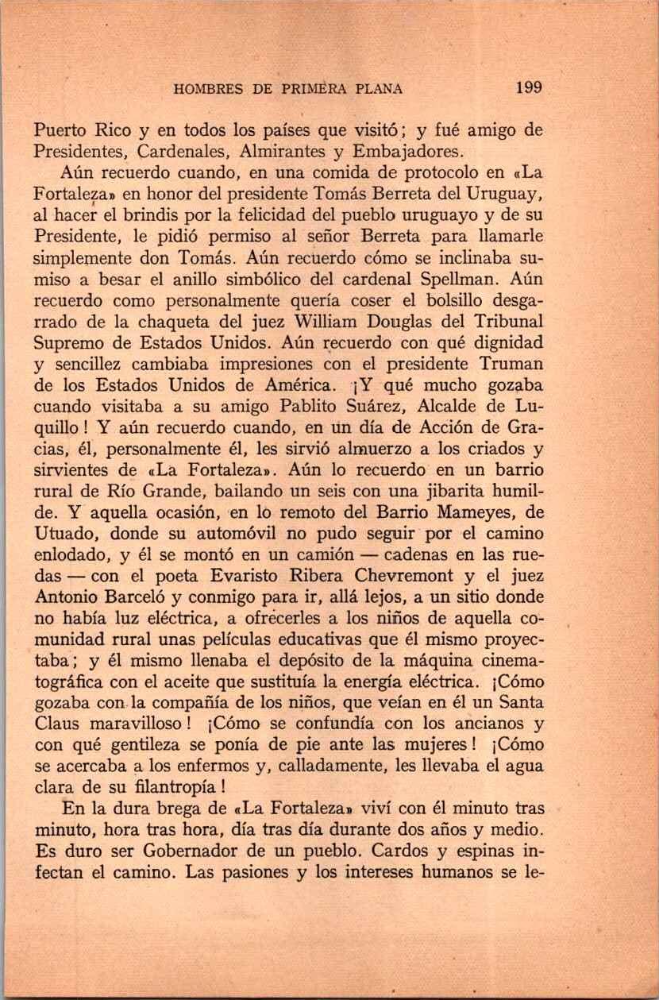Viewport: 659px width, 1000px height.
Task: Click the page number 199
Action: click(528, 87)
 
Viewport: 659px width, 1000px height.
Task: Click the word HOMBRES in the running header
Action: click(204, 89)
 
